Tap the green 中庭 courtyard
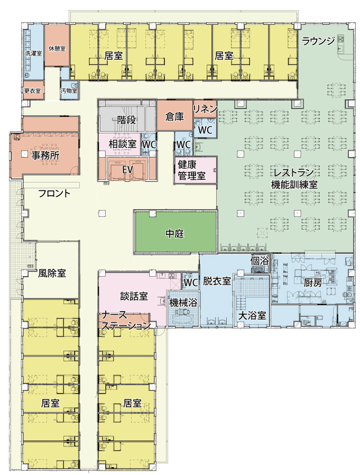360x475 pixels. [174, 233]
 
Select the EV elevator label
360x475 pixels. [127, 169]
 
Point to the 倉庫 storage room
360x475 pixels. [174, 116]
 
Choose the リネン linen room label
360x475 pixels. [205, 108]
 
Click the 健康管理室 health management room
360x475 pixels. [191, 170]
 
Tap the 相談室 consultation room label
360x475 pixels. [123, 143]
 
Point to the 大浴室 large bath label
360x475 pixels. [252, 315]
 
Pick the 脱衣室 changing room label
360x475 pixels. [217, 281]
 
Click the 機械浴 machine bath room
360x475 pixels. [182, 303]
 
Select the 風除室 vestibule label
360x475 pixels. [52, 273]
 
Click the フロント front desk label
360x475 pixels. [54, 193]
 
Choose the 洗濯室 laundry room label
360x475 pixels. [33, 53]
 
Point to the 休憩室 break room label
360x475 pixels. [57, 48]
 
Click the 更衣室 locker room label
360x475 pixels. [33, 90]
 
